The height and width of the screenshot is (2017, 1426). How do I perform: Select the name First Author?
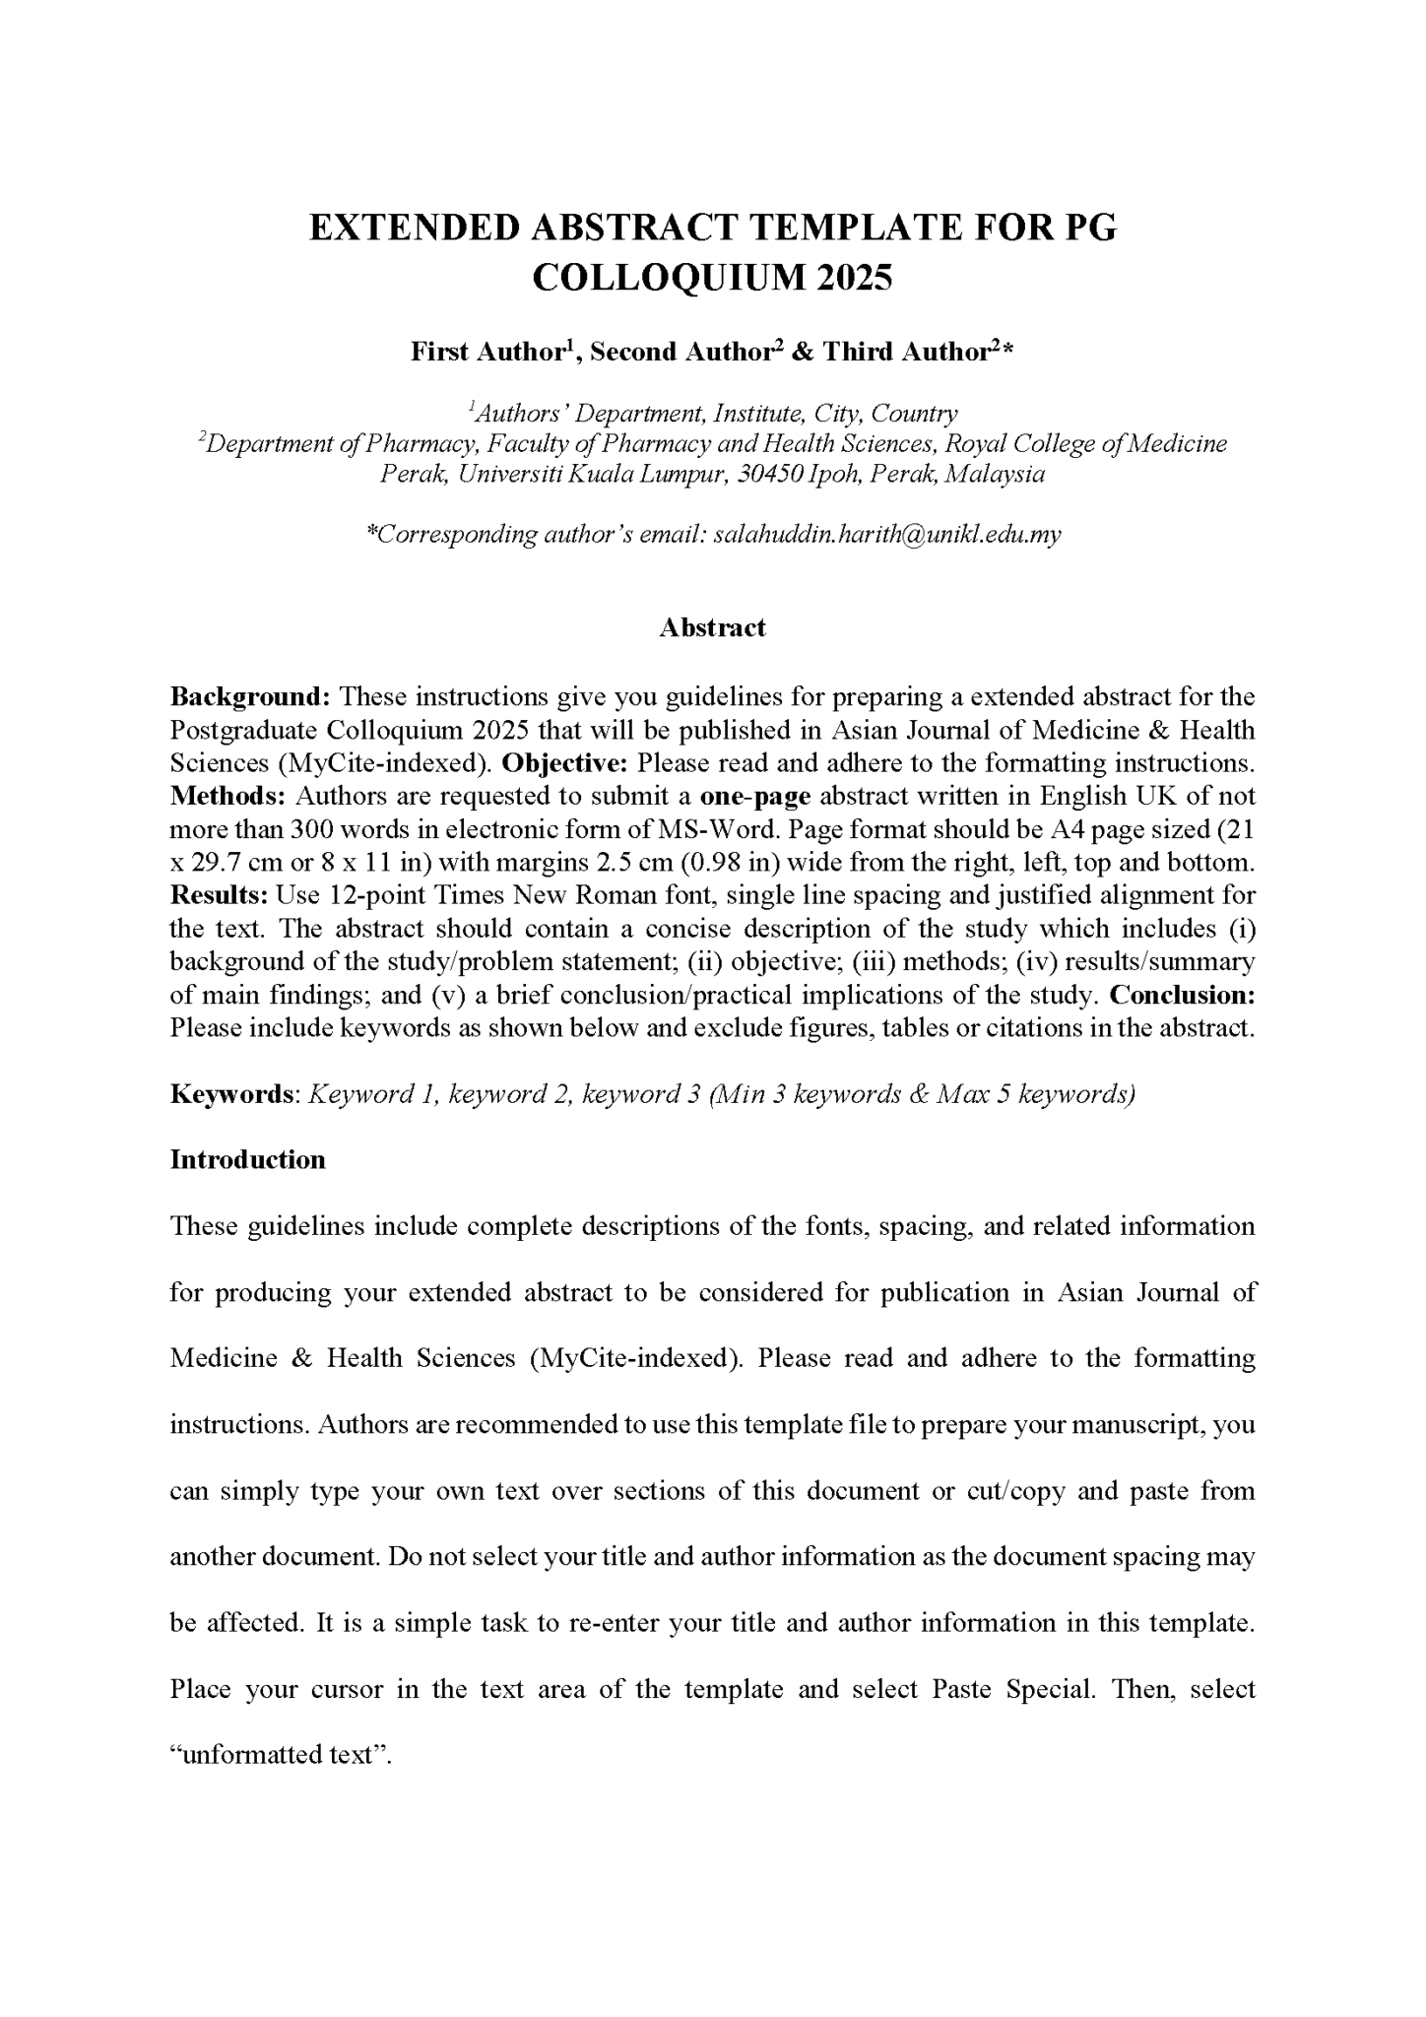487,353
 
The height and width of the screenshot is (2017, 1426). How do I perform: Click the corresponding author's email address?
886,535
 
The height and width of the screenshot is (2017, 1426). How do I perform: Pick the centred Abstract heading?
712,628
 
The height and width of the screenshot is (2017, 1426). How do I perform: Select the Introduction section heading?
248,1160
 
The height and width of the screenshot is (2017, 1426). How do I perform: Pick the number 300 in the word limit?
315,829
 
